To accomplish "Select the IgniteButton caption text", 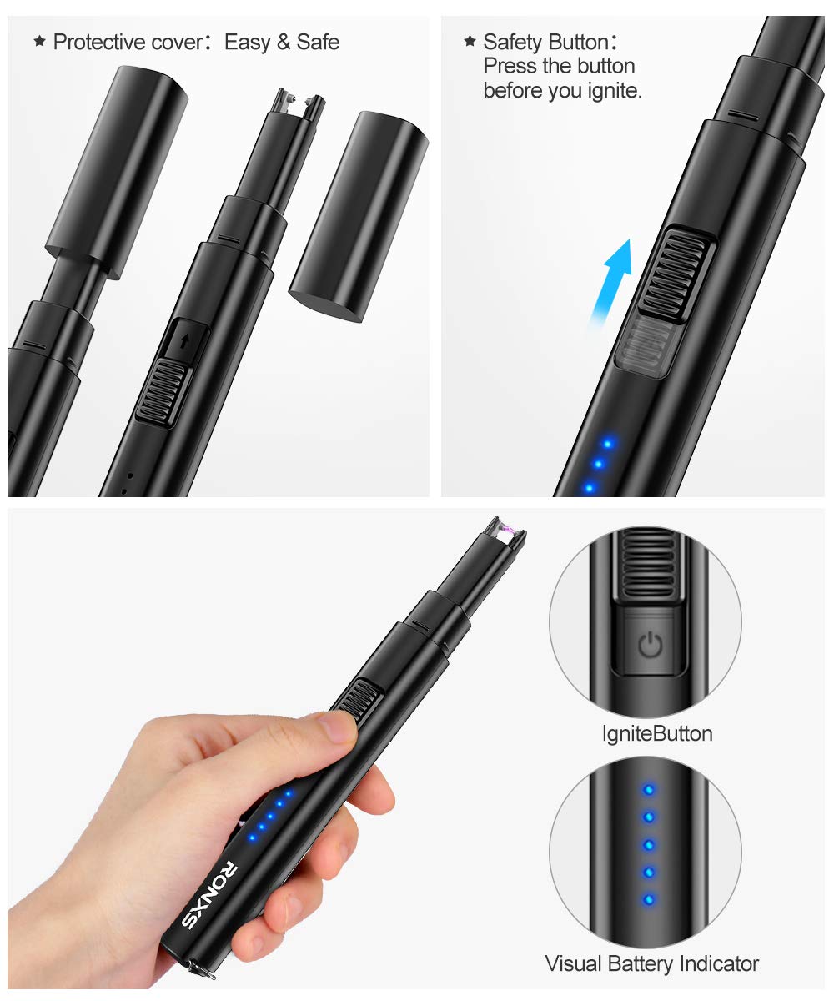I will (x=656, y=734).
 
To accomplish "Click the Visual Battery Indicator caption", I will (x=651, y=964).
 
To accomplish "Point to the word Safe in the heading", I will (x=318, y=43).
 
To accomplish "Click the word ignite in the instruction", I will (x=610, y=90).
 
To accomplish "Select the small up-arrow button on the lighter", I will (x=183, y=341).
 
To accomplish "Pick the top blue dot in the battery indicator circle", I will (x=648, y=788).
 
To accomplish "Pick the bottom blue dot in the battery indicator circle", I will (x=648, y=900).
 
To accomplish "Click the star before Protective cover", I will (x=39, y=42).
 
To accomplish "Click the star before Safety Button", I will (x=470, y=41).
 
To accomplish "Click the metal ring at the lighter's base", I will (x=199, y=968).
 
